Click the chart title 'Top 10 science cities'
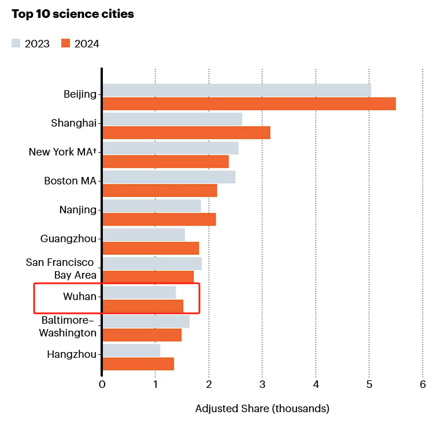(x=73, y=14)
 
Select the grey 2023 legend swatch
(x=16, y=43)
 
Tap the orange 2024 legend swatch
(x=65, y=43)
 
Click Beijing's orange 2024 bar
(x=249, y=104)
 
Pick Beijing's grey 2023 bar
(x=236, y=90)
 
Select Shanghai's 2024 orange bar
(x=186, y=133)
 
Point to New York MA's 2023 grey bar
(x=171, y=148)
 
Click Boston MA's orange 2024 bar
(x=160, y=191)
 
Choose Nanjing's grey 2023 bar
(x=151, y=206)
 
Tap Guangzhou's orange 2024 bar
(x=150, y=249)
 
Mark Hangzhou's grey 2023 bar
(x=131, y=350)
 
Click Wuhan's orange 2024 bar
(x=143, y=306)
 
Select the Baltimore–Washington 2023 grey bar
(x=146, y=321)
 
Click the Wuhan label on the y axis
(x=80, y=297)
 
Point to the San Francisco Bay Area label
(x=61, y=269)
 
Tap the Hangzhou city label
(x=72, y=354)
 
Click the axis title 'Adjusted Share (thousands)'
(x=262, y=409)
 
